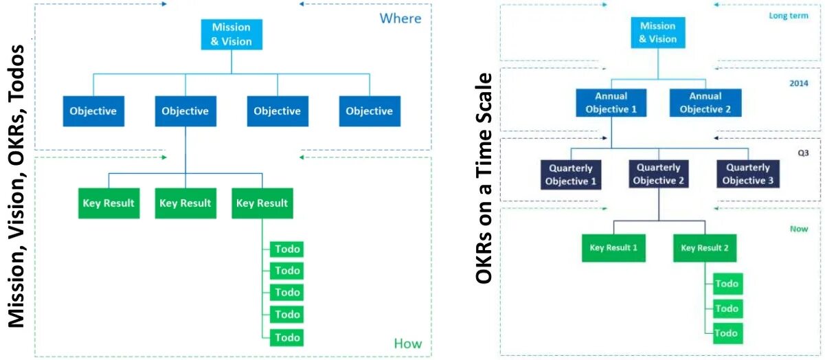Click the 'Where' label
[x=400, y=19]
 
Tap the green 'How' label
[x=408, y=344]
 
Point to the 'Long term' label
[x=788, y=15]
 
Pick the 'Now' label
[x=799, y=229]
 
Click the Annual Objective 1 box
[x=611, y=102]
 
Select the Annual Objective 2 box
[x=705, y=102]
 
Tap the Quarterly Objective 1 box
[x=571, y=175]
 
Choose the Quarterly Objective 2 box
[x=658, y=174]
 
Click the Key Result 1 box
[x=614, y=247]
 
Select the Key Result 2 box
[x=705, y=247]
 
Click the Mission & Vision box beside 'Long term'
[x=657, y=33]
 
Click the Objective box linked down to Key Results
[x=185, y=111]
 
